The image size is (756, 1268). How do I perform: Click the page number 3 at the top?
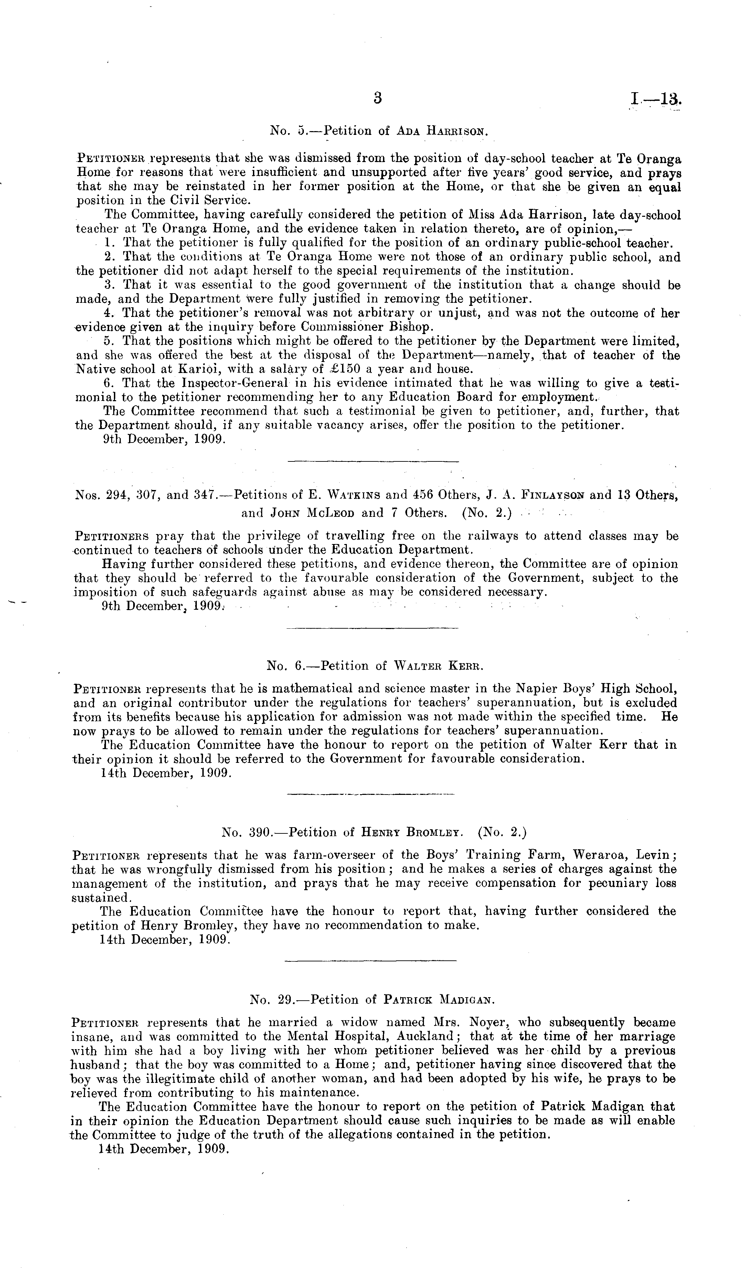(377, 98)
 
